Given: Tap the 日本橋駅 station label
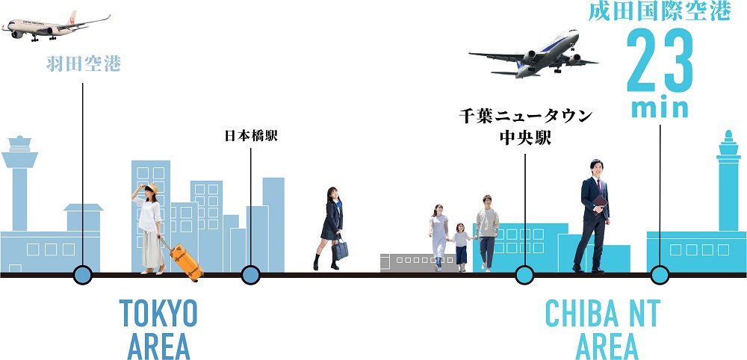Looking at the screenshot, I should click(x=251, y=137).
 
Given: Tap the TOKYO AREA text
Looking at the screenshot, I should click(x=158, y=329).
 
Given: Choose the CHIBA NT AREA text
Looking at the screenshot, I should click(x=602, y=329).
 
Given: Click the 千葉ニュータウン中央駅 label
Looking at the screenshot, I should click(x=525, y=127).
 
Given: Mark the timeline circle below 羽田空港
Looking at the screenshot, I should click(x=82, y=275).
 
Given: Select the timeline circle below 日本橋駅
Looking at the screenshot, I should click(x=251, y=275).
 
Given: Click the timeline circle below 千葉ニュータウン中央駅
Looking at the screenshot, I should click(x=525, y=275).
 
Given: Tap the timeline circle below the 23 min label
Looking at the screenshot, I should click(x=659, y=275).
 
